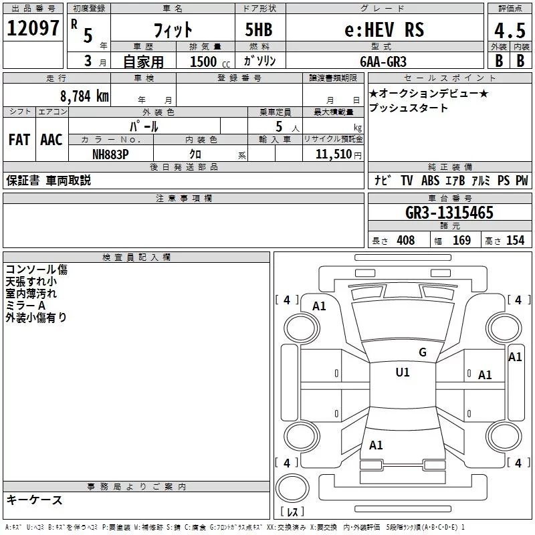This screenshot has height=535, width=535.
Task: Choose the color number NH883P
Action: tap(110, 154)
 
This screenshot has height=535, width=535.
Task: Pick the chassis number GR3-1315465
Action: tap(449, 213)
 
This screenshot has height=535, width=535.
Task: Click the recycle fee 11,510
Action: tap(332, 154)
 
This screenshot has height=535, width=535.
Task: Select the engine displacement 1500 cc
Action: tap(207, 62)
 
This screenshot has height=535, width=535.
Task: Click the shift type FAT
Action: tap(19, 139)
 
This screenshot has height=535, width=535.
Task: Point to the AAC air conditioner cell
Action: tap(51, 139)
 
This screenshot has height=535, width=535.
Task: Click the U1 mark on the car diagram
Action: tap(403, 372)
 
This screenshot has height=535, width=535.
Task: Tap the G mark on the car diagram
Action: tap(422, 352)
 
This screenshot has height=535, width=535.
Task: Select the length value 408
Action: tap(405, 241)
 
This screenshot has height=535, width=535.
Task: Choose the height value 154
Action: tap(515, 241)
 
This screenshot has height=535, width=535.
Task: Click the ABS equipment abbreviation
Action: tap(430, 180)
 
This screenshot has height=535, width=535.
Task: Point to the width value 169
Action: tap(461, 241)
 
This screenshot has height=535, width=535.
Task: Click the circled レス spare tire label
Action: tap(292, 512)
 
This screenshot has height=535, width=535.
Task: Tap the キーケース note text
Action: tap(35, 500)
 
